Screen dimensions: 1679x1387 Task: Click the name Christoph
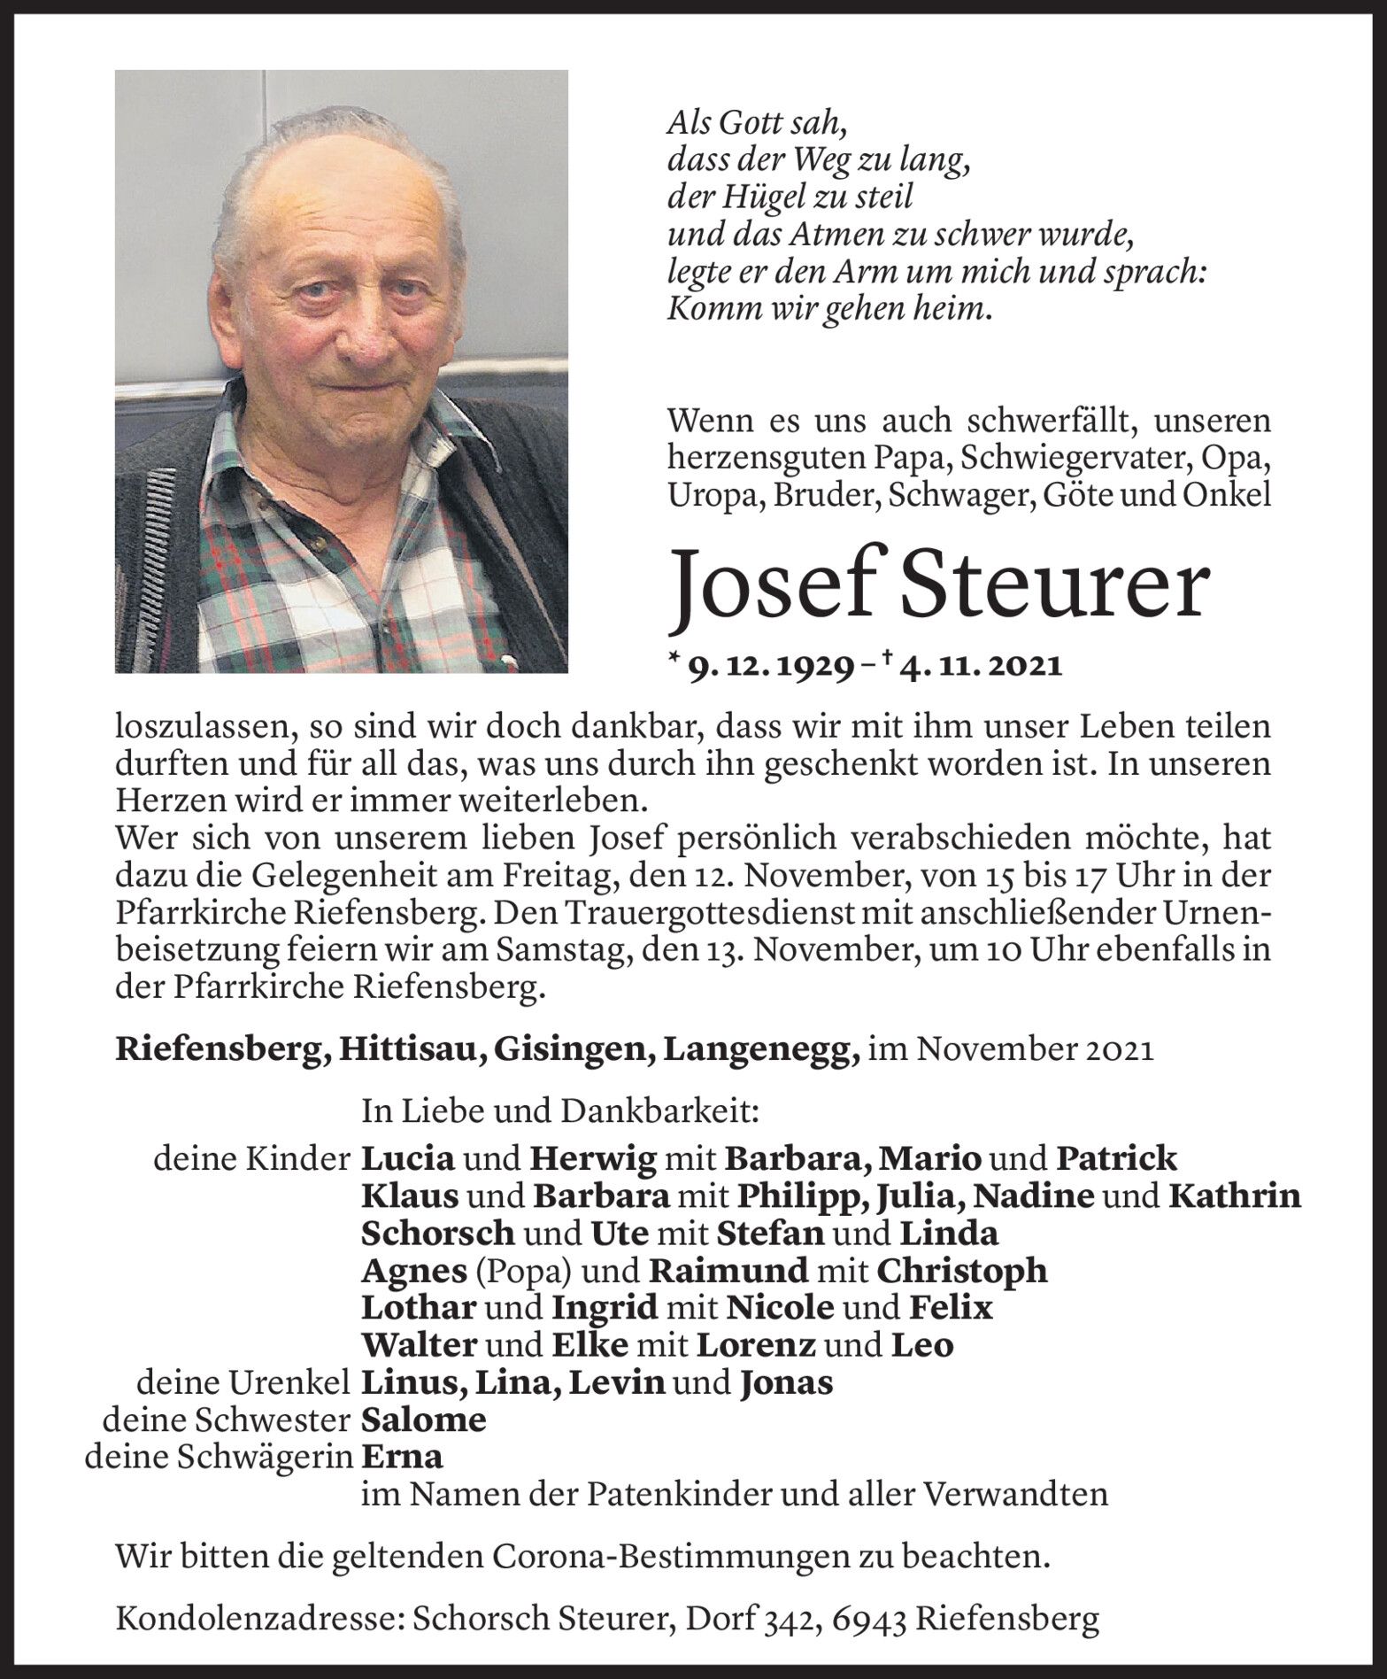[x=961, y=1271]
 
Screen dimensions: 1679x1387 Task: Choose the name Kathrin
[x=1235, y=1196]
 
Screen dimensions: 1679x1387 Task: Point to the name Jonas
[x=786, y=1382]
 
